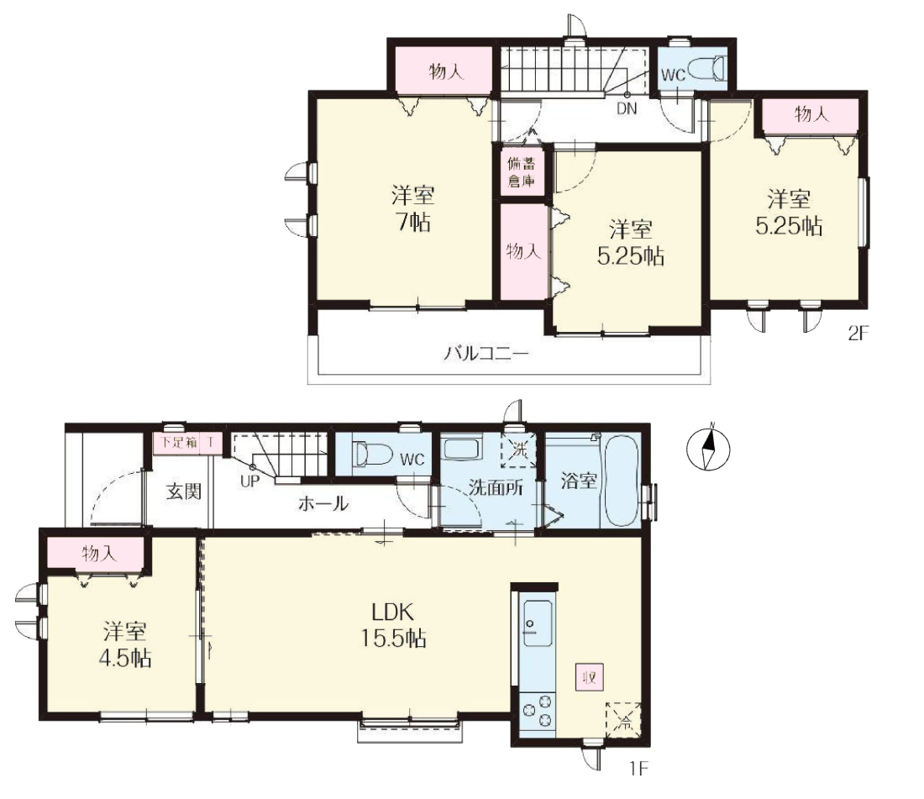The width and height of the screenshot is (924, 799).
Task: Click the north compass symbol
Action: pyautogui.click(x=708, y=448)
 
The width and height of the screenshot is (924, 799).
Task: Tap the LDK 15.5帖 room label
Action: pyautogui.click(x=393, y=625)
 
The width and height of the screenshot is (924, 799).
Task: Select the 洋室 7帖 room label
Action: pyautogui.click(x=412, y=208)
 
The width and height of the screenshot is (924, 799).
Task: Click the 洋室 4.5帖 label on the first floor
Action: pyautogui.click(x=125, y=644)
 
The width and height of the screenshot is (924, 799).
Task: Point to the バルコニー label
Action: pyautogui.click(x=486, y=353)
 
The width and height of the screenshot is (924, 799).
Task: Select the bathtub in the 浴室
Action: pyautogui.click(x=619, y=481)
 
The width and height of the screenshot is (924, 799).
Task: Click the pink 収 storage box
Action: pyautogui.click(x=590, y=676)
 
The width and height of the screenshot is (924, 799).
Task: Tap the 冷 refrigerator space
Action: pyautogui.click(x=623, y=720)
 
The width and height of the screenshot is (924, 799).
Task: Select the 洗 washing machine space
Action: pyautogui.click(x=518, y=450)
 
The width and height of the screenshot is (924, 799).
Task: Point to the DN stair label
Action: pyautogui.click(x=627, y=108)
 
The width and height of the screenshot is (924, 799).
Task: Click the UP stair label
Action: pyautogui.click(x=249, y=481)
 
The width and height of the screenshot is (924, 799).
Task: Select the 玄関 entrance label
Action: pyautogui.click(x=184, y=491)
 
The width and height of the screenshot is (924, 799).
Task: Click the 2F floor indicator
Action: pyautogui.click(x=858, y=334)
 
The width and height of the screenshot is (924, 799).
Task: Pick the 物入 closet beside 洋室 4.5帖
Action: pyautogui.click(x=99, y=554)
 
